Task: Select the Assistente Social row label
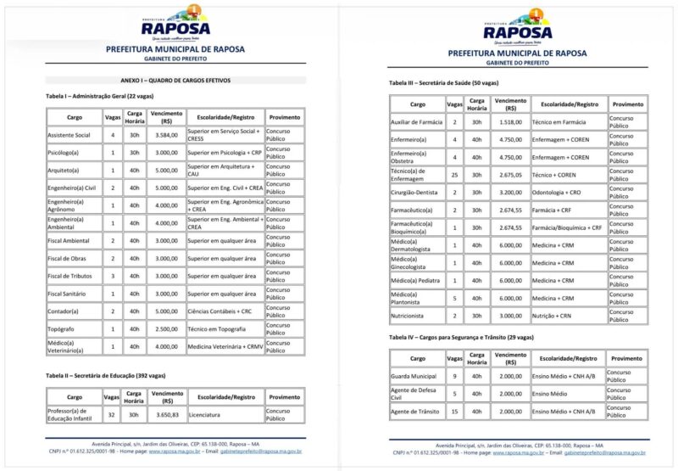pyautogui.click(x=69, y=135)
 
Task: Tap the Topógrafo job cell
pyautogui.click(x=62, y=328)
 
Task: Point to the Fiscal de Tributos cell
pyautogui.click(x=69, y=276)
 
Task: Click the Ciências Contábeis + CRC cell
pyautogui.click(x=221, y=311)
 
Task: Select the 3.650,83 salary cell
pyautogui.click(x=166, y=415)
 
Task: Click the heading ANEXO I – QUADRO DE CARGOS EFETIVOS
pyautogui.click(x=175, y=81)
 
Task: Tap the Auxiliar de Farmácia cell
pyautogui.click(x=416, y=122)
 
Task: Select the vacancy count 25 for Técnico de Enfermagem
pyautogui.click(x=454, y=175)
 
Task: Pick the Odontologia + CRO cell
pyautogui.click(x=557, y=193)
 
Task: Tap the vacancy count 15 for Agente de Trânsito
pyautogui.click(x=454, y=412)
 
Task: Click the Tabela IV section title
pyautogui.click(x=461, y=337)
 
